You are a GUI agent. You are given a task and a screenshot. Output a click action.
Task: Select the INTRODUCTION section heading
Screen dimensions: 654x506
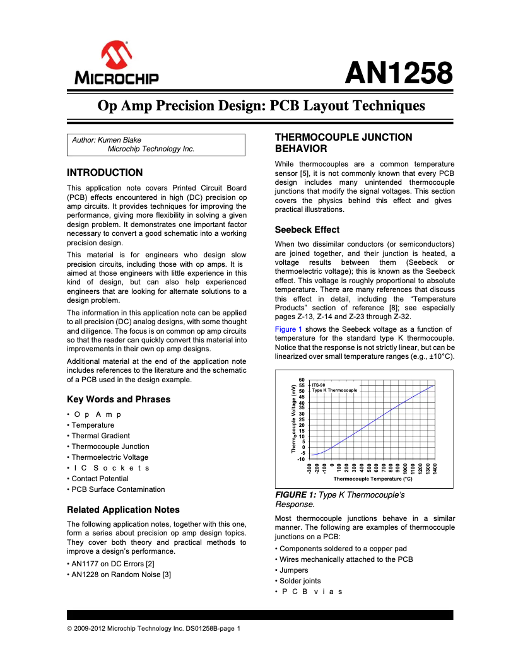[x=105, y=172]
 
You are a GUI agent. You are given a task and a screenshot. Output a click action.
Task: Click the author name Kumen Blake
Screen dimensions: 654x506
[x=121, y=140]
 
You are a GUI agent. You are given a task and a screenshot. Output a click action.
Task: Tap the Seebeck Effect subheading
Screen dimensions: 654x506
[x=307, y=230]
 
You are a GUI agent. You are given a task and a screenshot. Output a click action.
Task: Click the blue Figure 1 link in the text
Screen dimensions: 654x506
[x=288, y=329]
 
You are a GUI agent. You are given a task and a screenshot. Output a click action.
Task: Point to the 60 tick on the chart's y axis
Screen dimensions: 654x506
[x=302, y=380]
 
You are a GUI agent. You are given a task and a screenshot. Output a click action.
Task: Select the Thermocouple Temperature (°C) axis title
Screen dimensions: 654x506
[x=372, y=479]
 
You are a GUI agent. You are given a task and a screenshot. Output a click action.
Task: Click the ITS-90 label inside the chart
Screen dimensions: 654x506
[x=319, y=385]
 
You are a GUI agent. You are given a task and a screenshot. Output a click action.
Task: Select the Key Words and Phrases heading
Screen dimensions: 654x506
[x=119, y=399]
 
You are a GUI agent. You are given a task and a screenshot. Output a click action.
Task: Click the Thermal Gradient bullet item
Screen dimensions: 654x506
[x=100, y=436]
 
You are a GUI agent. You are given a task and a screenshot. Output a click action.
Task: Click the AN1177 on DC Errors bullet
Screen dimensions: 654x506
[x=112, y=563]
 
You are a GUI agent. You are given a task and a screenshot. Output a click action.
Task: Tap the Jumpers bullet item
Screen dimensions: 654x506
[x=294, y=570]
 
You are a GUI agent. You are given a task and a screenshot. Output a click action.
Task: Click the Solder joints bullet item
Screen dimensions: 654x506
[x=300, y=581]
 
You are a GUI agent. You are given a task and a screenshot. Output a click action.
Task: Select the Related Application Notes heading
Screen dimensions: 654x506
[x=123, y=510]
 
